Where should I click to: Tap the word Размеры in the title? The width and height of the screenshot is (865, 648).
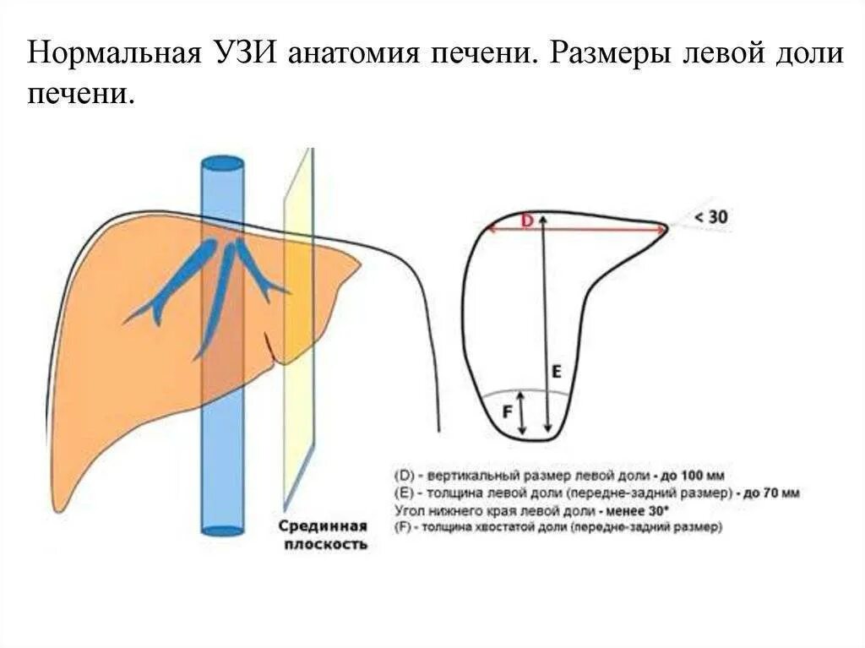(x=613, y=55)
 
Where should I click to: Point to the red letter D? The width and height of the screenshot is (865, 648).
(x=526, y=221)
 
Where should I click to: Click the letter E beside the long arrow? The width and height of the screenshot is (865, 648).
(x=557, y=371)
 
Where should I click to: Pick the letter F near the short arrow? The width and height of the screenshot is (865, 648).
(x=507, y=412)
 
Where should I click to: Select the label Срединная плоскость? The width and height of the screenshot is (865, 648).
(x=324, y=535)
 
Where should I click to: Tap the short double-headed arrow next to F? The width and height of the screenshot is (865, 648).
(x=521, y=412)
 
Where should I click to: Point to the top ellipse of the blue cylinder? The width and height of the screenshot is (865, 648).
(x=222, y=164)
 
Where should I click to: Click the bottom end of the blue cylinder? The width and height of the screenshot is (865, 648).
(x=223, y=531)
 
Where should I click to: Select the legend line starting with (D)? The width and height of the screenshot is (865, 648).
(x=558, y=475)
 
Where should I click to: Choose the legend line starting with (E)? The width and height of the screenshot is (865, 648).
(x=596, y=493)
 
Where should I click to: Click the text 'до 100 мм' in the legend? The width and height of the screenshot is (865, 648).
(x=694, y=475)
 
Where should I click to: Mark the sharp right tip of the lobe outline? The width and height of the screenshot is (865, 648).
(x=666, y=226)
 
